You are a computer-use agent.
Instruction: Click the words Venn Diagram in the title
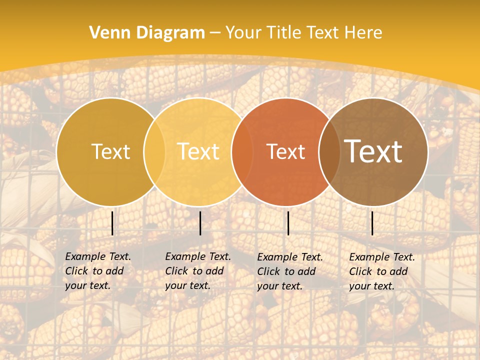pyautogui.click(x=147, y=33)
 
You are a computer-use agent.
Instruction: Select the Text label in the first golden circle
pyautogui.click(x=110, y=151)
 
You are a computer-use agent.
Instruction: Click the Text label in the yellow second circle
pyautogui.click(x=198, y=151)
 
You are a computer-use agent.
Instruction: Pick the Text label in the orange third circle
pyautogui.click(x=285, y=151)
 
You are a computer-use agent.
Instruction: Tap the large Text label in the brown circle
pyautogui.click(x=373, y=151)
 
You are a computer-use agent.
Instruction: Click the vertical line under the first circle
pyautogui.click(x=112, y=223)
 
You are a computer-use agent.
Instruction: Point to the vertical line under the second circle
pyautogui.click(x=200, y=223)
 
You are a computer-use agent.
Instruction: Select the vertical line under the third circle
pyautogui.click(x=288, y=223)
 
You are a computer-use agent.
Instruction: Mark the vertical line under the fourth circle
pyautogui.click(x=372, y=223)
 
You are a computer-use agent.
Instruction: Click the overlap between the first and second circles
pyautogui.click(x=154, y=151)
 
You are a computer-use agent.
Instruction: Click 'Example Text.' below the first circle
pyautogui.click(x=98, y=256)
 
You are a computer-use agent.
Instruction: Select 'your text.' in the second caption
pyautogui.click(x=187, y=285)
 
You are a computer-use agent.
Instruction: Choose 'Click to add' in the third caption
pyautogui.click(x=286, y=271)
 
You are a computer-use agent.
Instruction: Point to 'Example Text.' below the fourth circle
pyautogui.click(x=382, y=257)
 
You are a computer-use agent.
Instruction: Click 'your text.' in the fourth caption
pyautogui.click(x=371, y=286)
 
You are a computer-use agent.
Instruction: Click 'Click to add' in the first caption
pyautogui.click(x=94, y=271)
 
